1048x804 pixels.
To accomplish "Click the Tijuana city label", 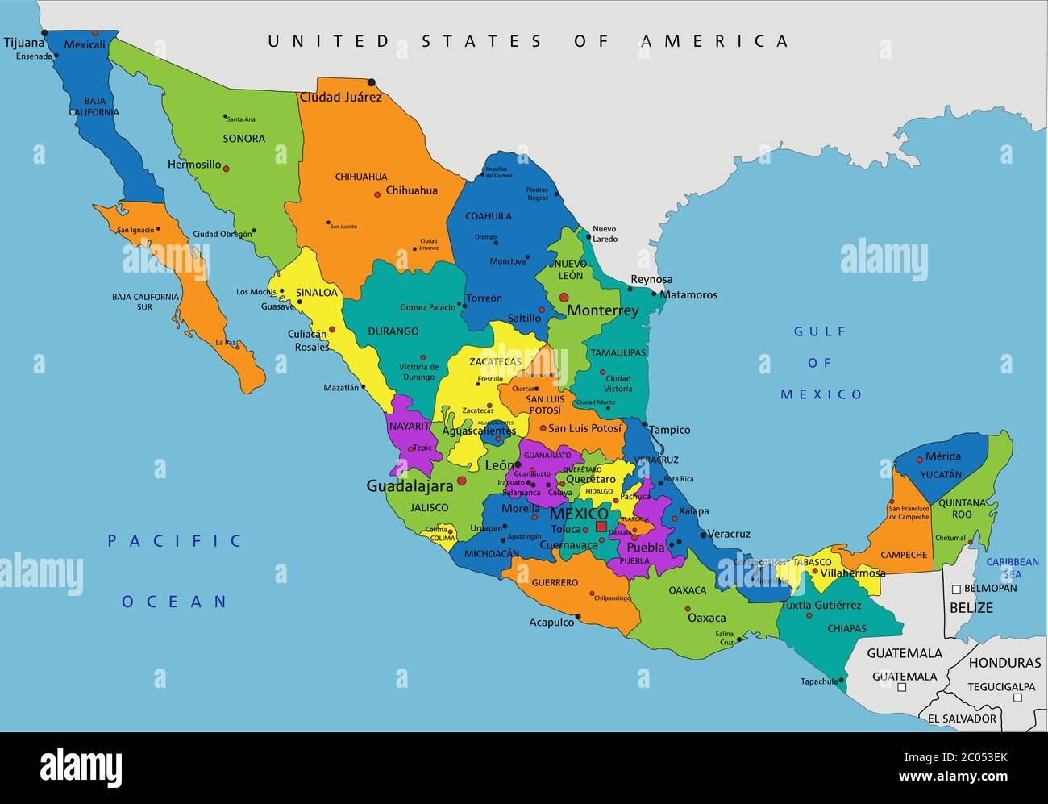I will tap(23, 43).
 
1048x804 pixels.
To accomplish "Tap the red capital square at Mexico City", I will tap(601, 526).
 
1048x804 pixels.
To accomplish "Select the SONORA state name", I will tap(243, 139).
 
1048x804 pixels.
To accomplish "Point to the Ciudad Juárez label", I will tap(340, 98).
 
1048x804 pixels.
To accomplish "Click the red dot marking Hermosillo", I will tap(227, 169).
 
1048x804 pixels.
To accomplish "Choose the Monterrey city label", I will tap(603, 310).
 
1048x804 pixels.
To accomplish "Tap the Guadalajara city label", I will tap(410, 485).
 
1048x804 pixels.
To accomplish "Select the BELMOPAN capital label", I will tap(990, 589).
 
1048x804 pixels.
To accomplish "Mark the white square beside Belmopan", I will tap(956, 589).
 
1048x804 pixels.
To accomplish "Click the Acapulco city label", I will tap(551, 623).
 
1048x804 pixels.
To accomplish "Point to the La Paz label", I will tap(227, 343).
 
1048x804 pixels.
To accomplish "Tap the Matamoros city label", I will tap(688, 295).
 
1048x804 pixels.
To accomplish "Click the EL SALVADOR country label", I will tap(962, 718).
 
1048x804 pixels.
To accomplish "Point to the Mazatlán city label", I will tap(341, 388).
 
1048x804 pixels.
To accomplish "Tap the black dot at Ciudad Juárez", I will tap(371, 82).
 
